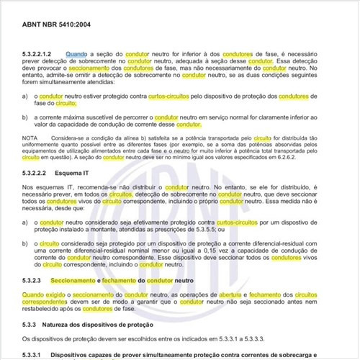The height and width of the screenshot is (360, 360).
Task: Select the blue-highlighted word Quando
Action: (77, 54)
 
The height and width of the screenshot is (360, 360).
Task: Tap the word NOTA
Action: (30, 137)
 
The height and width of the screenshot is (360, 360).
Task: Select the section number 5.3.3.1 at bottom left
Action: (35, 355)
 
